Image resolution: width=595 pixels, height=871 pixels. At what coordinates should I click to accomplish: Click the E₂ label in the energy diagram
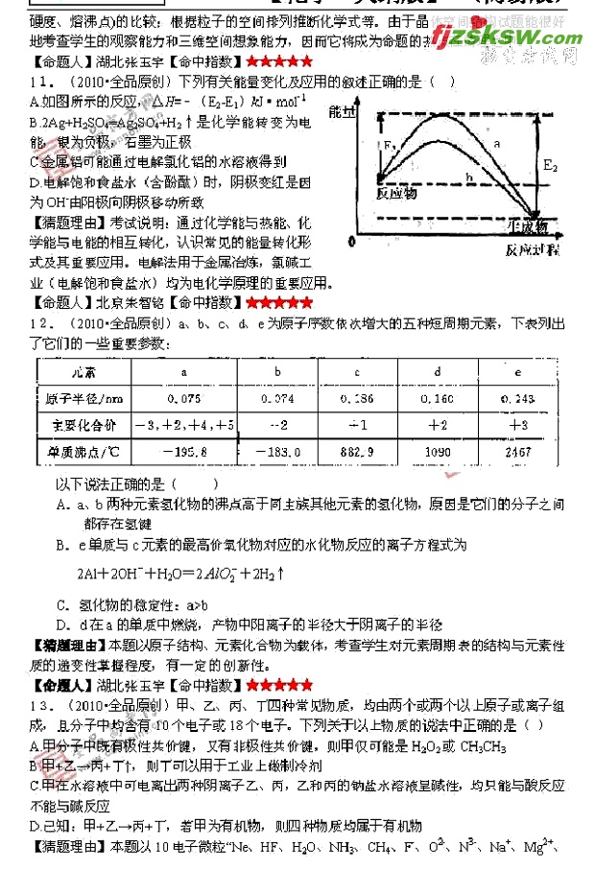550,166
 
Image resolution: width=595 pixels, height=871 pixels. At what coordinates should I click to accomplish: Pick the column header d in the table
438,371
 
